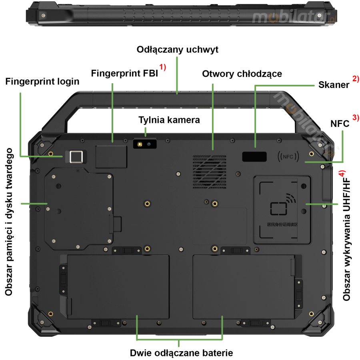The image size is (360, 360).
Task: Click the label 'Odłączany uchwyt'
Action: click(x=178, y=50)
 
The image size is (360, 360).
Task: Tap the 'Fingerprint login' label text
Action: click(x=42, y=82)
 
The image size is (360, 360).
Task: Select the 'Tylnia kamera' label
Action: click(x=169, y=120)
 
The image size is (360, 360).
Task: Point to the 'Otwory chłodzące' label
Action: click(x=242, y=74)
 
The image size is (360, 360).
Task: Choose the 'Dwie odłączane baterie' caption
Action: click(x=181, y=353)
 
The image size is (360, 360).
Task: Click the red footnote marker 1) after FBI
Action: click(x=162, y=67)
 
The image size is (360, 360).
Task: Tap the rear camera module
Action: click(x=144, y=144)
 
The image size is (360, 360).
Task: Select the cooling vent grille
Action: click(x=209, y=172)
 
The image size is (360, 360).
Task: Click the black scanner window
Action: click(x=254, y=157)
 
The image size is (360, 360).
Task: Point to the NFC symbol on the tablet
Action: click(x=288, y=157)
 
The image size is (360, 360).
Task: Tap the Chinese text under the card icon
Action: click(x=282, y=224)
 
